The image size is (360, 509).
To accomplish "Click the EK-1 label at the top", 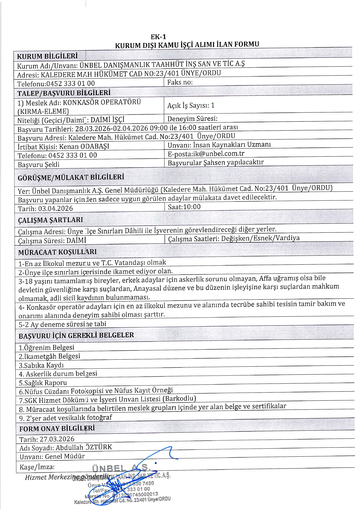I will click(x=158, y=37).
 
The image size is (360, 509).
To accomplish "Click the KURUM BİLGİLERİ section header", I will click(x=47, y=56).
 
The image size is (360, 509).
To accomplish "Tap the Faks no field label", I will click(x=180, y=82).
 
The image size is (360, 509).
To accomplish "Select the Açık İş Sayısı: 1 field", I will click(x=191, y=106).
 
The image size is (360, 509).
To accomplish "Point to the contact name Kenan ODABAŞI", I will click(x=84, y=146).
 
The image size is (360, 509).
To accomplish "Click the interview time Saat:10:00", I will click(x=184, y=207).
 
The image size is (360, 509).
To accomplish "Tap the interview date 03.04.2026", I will click(x=55, y=208).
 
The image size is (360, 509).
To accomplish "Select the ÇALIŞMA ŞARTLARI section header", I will click(x=50, y=220).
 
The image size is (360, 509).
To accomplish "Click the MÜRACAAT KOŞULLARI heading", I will click(x=57, y=252).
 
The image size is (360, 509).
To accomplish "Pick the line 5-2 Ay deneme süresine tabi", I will click(x=62, y=324).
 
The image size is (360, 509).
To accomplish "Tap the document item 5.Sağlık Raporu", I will click(x=43, y=383).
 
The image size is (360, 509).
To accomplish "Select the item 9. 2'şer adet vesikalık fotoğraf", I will click(x=66, y=418).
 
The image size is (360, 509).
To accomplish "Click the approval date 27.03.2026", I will click(x=57, y=439).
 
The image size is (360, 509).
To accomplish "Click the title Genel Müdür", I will click(x=65, y=456).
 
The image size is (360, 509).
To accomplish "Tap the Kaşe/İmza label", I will click(x=37, y=467).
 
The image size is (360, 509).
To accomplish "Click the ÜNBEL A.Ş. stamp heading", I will click(x=121, y=468).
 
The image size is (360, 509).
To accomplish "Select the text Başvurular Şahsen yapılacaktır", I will click(x=216, y=163).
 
